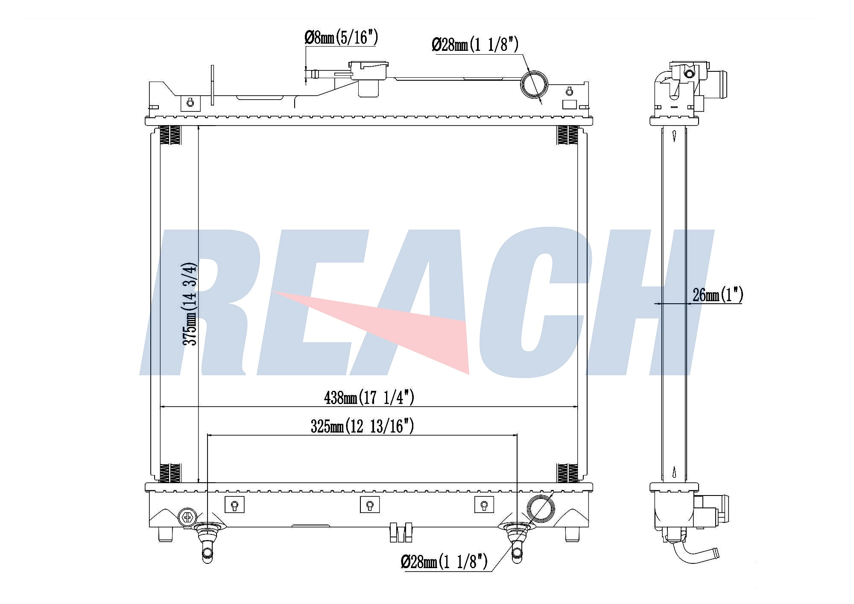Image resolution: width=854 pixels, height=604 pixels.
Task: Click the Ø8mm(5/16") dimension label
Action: pos(341,37)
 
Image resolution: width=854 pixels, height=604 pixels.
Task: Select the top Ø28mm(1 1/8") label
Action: pos(475,44)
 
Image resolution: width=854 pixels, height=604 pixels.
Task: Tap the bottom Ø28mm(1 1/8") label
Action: pos(444,561)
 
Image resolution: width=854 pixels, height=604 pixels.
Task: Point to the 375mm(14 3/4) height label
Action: pos(190,304)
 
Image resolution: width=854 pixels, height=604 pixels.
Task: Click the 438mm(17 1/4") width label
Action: pos(369,398)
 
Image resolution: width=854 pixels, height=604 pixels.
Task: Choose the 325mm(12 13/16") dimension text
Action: pos(362,426)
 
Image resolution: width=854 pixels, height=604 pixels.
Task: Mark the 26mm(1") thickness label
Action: pos(718,295)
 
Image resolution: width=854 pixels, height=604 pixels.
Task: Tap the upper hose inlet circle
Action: pos(534,84)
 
